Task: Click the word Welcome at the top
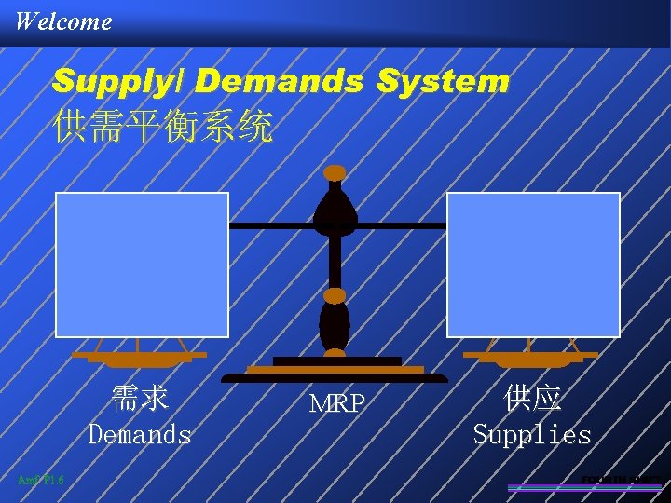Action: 63,20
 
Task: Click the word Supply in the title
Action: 119,82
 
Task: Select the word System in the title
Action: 443,82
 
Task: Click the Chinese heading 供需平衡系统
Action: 163,127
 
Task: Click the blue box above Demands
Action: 143,265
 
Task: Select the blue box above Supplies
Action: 533,265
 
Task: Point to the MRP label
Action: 336,405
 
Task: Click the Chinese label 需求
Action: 140,399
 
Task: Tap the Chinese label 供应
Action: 532,399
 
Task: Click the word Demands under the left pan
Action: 140,435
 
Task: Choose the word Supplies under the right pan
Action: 532,435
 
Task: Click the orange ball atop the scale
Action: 335,172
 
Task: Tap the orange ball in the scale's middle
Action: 335,296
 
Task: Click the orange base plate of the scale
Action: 335,370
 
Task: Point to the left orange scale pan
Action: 140,358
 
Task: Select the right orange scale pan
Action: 532,359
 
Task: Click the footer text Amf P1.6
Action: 40,480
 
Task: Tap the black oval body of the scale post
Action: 335,326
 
